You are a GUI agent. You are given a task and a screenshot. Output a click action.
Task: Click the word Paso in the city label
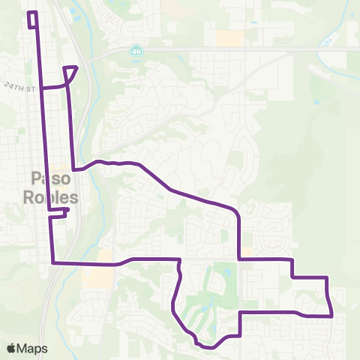pos(50,178)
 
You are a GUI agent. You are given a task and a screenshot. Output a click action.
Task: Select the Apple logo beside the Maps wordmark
pos(11,348)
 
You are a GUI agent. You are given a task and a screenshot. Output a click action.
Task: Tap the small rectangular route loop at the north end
pos(32,19)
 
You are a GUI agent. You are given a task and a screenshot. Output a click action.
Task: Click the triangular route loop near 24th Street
pos(70,73)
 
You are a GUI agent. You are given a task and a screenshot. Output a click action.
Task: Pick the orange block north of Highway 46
pos(229,37)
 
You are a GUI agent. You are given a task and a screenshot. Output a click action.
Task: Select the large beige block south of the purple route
pos(98,278)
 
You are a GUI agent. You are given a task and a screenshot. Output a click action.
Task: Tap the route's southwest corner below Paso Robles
pos(52,263)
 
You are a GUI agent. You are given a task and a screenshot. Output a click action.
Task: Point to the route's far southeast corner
pos(331,316)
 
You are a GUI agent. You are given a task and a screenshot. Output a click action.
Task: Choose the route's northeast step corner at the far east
pos(328,277)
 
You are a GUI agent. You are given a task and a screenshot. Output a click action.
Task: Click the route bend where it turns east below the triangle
pos(73,169)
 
